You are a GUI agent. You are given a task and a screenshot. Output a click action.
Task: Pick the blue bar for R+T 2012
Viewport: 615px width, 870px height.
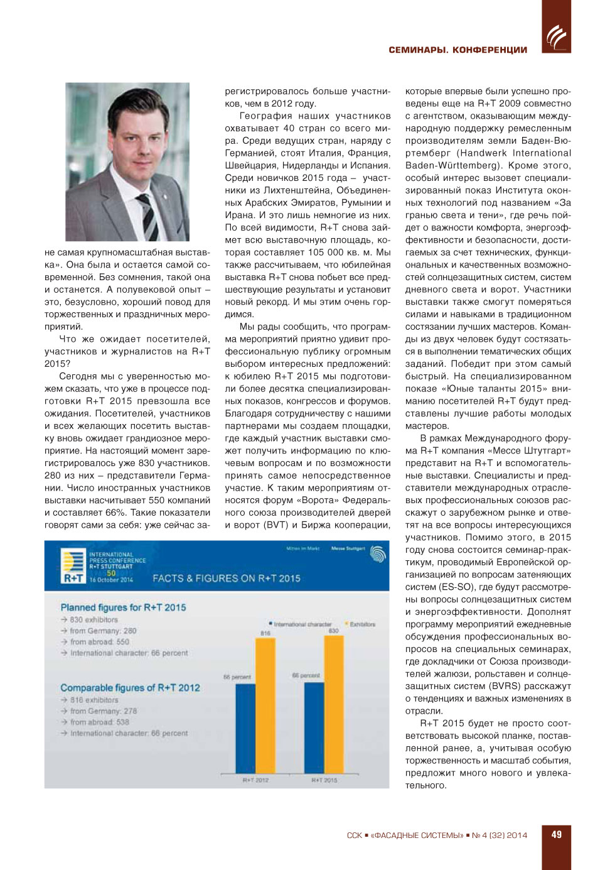pos(245,729)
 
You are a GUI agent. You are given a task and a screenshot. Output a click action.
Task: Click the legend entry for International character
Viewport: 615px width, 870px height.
pos(300,624)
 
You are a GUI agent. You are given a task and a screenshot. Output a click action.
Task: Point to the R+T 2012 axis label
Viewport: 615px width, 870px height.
pos(255,780)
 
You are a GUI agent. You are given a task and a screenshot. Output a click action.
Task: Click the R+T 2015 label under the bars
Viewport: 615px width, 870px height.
pos(324,780)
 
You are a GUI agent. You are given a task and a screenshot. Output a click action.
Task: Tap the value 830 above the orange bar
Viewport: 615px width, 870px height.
pos(333,631)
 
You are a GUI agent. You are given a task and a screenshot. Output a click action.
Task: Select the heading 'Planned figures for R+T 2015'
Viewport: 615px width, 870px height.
pos(123,607)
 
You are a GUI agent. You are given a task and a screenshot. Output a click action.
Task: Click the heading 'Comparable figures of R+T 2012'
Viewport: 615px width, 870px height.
pos(130,688)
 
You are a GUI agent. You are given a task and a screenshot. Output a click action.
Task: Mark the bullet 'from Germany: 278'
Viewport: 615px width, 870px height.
pos(103,711)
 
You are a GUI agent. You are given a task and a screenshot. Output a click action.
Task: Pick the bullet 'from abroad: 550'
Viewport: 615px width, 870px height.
pos(99,642)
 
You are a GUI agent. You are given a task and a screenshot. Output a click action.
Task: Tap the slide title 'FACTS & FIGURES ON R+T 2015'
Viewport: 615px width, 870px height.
pos(227,579)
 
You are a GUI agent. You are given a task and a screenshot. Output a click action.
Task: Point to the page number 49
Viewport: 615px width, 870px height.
pos(557,835)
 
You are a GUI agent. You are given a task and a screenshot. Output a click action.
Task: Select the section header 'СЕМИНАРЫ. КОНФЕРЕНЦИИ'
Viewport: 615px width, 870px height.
pos(457,50)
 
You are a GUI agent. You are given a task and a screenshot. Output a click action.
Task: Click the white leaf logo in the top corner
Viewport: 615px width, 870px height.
pos(557,36)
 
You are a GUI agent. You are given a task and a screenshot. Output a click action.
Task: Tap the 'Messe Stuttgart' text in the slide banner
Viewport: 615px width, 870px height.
pos(348,548)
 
